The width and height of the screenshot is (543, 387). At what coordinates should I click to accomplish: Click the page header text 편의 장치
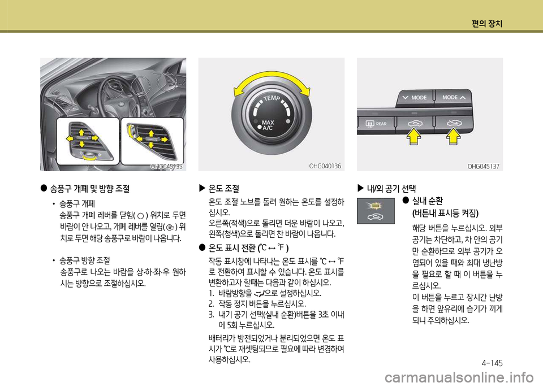tap(486, 24)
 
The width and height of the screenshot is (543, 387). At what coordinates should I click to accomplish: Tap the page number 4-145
tap(492, 363)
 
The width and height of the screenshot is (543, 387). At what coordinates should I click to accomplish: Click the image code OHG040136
tap(325, 166)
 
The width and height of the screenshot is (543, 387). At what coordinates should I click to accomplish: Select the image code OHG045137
tap(483, 166)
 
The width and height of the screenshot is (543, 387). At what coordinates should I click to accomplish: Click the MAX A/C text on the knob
tap(268, 125)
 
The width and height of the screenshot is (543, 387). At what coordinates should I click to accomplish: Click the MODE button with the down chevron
tap(415, 98)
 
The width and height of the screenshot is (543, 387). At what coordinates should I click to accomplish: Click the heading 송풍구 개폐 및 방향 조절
tap(90, 189)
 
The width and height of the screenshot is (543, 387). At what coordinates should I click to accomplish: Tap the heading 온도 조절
tap(224, 189)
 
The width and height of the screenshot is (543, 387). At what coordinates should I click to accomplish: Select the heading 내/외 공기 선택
tap(391, 189)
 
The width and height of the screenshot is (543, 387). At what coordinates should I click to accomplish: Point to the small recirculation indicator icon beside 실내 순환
tap(376, 211)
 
